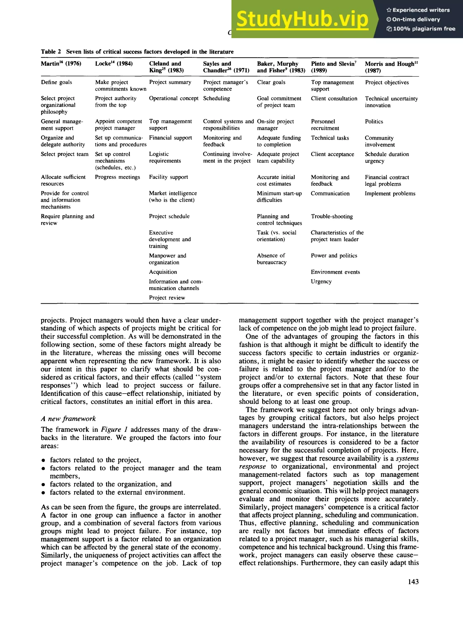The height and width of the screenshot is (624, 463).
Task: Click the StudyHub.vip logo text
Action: [302, 19]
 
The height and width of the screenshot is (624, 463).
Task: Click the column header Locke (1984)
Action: [113, 64]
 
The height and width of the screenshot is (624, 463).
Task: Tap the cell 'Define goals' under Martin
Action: [56, 82]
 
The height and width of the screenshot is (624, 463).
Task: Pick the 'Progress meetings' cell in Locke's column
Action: [117, 177]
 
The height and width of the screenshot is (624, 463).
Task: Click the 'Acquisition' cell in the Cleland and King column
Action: [163, 272]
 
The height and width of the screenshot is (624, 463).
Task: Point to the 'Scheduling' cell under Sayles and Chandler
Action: [216, 98]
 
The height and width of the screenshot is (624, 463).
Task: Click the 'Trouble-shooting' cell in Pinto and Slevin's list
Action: [332, 216]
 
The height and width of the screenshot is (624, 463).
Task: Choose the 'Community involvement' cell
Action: [380, 141]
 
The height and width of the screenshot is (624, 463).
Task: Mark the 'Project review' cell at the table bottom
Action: [167, 298]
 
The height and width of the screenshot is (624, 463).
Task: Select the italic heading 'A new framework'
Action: [68, 419]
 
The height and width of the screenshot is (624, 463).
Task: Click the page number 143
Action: [413, 582]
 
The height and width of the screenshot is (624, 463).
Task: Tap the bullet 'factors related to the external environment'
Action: [117, 492]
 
